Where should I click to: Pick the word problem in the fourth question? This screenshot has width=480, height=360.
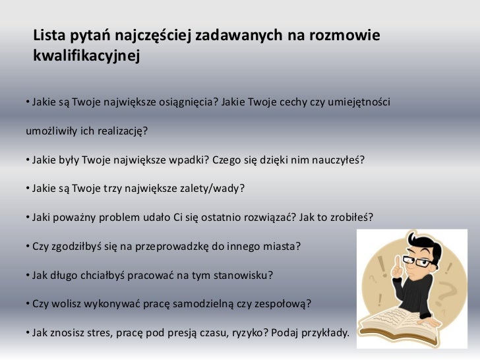112,217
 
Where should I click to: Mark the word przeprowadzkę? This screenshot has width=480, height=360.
174,246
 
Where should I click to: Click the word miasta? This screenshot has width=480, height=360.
280,246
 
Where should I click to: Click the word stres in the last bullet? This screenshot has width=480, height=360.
93,333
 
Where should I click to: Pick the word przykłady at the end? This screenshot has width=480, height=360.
323,333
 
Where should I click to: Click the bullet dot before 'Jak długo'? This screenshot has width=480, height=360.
28,275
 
